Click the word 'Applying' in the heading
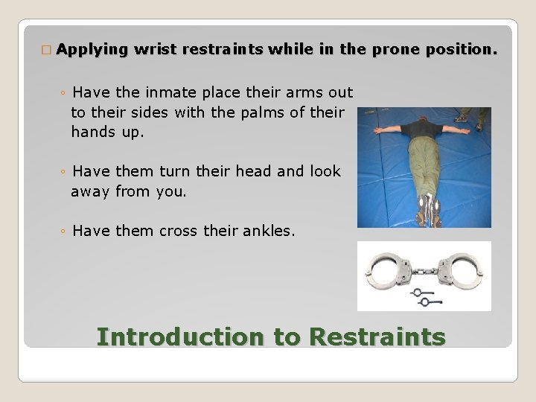(x=92, y=50)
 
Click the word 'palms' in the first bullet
(x=256, y=112)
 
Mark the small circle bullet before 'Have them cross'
(x=64, y=232)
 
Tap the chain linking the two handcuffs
(x=424, y=266)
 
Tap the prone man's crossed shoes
(x=428, y=208)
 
